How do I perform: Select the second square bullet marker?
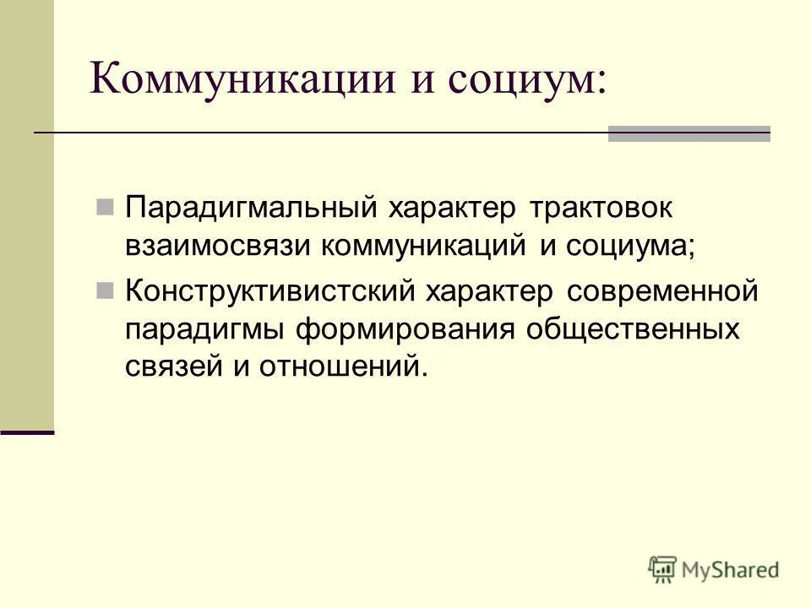106,291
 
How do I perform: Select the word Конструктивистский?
269,292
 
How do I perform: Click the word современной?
662,292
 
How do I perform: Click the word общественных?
633,329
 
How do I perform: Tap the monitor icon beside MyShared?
663,568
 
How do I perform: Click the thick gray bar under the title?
689,134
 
